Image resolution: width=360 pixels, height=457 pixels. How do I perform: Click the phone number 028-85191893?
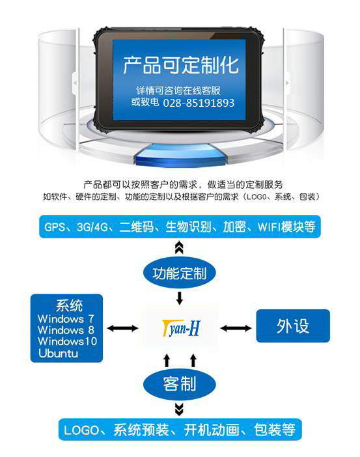tap(199, 103)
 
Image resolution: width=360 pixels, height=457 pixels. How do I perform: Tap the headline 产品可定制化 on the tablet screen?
tap(181, 64)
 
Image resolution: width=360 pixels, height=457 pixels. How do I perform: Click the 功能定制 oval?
tap(179, 273)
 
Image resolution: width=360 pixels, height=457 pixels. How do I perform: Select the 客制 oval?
tap(179, 384)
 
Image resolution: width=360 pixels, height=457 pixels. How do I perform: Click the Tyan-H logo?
tap(181, 328)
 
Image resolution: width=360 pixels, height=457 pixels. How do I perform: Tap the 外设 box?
tap(293, 325)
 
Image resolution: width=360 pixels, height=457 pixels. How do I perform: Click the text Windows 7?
tap(66, 318)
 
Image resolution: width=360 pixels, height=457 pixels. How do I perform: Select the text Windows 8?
tap(66, 330)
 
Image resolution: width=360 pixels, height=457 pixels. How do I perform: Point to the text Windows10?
tap(67, 341)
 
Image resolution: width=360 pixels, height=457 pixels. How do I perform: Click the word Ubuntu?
tap(58, 353)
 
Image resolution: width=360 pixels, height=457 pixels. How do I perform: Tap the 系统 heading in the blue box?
tap(69, 305)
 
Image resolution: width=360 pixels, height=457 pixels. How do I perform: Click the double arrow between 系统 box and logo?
tap(122, 329)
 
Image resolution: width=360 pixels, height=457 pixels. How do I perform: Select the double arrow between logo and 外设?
tap(236, 329)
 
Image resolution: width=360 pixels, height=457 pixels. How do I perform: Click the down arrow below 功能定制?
tap(180, 298)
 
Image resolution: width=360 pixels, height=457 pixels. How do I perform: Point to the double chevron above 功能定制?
tap(179, 247)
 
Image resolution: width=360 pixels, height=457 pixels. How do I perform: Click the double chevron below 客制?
tap(179, 409)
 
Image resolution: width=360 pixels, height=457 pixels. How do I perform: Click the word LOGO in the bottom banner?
tap(81, 430)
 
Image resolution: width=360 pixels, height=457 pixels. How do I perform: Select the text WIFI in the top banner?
tap(268, 227)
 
